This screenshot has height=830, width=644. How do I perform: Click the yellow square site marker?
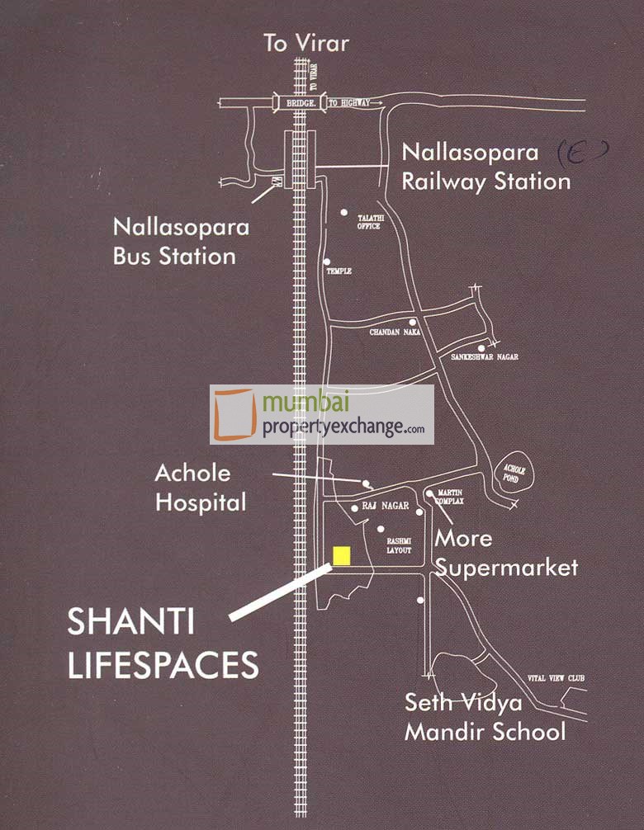pos(341,555)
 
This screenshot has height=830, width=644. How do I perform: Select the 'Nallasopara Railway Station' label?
pos(485,167)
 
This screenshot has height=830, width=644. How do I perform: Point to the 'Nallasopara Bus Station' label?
pos(174,240)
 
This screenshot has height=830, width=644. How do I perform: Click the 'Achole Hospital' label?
pos(200,487)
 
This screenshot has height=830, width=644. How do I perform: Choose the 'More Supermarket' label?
pos(505,553)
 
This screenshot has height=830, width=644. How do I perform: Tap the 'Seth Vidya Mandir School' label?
pos(485,717)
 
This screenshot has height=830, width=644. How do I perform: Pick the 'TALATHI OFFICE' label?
pos(368,222)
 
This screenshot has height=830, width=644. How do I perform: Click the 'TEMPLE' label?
pos(339,271)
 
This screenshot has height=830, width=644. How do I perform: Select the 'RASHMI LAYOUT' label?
pos(399,545)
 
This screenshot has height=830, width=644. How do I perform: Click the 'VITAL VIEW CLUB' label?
pos(556,678)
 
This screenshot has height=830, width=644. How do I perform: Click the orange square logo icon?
pos(234,414)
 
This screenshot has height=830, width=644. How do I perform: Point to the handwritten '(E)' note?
pos(583,151)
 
